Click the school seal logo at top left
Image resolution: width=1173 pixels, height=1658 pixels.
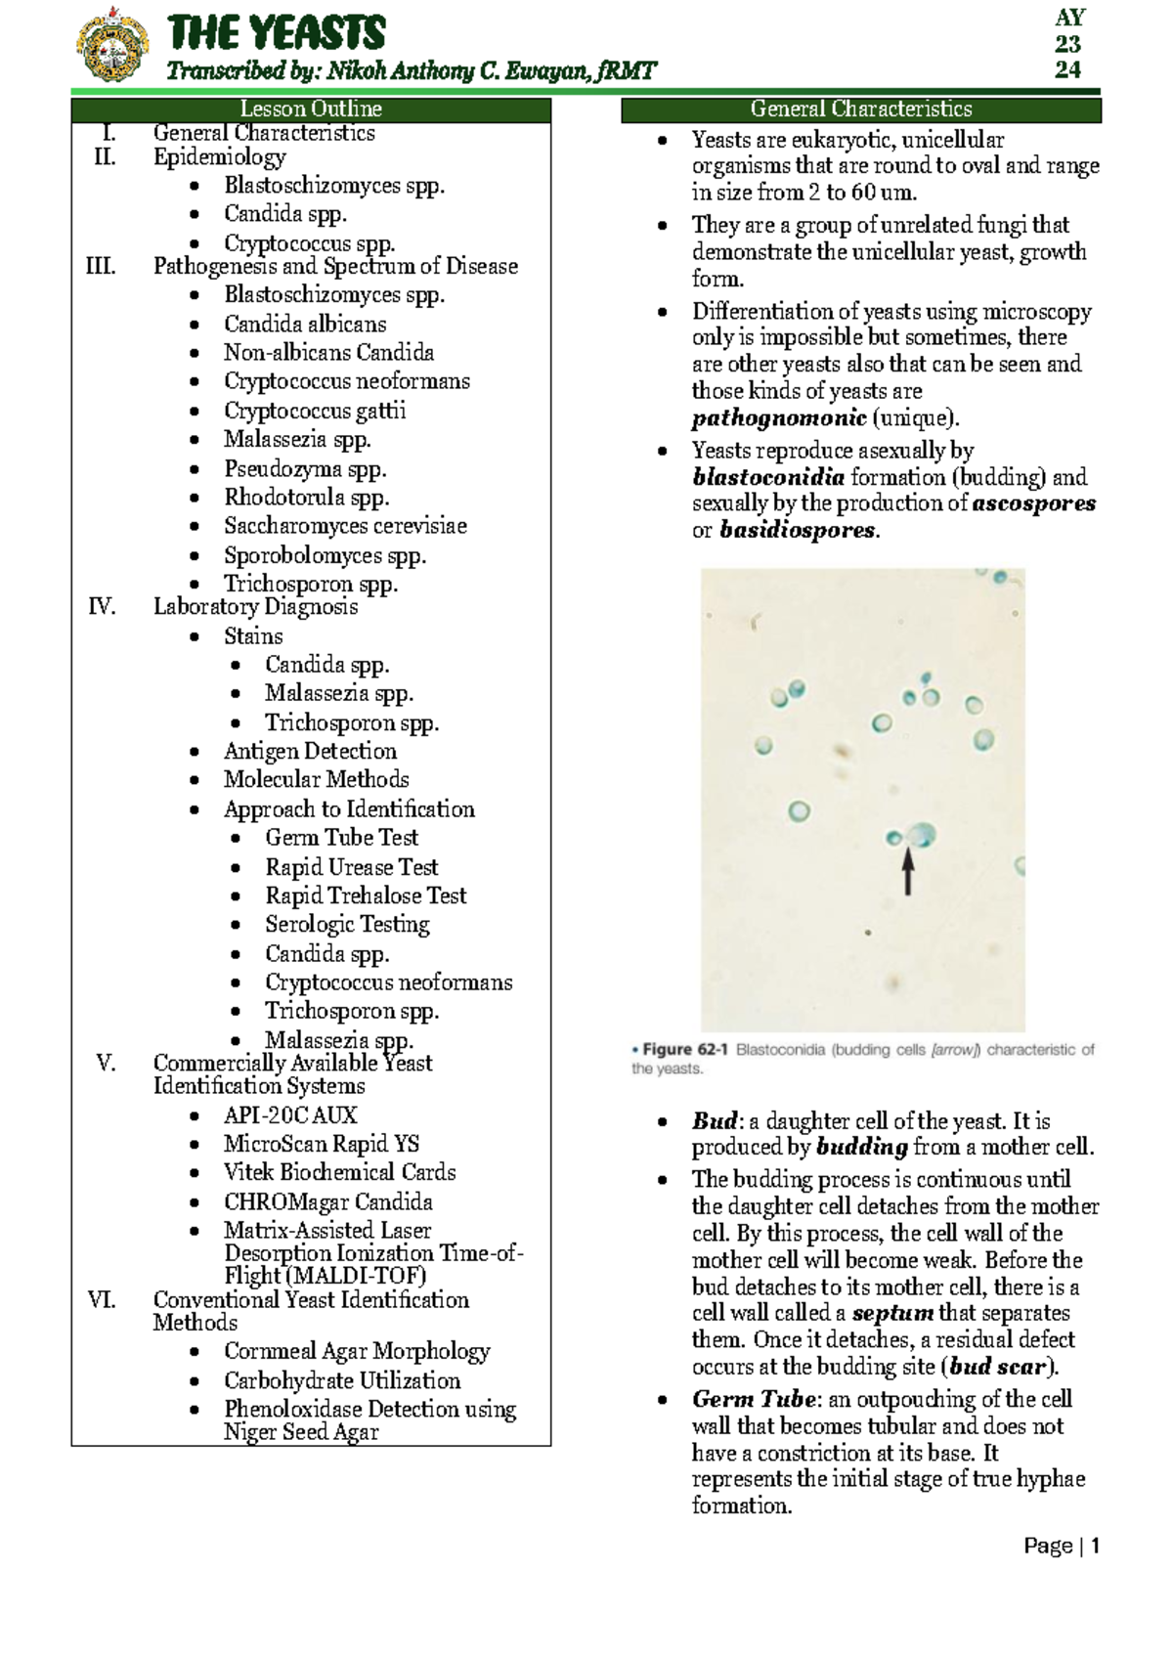click(112, 45)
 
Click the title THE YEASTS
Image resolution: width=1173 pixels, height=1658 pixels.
click(277, 33)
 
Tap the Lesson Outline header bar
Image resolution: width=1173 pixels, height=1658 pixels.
click(311, 109)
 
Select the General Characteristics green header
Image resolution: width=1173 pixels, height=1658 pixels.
click(861, 109)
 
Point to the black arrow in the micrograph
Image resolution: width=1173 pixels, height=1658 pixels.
click(908, 871)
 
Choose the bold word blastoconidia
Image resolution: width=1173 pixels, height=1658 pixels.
click(768, 477)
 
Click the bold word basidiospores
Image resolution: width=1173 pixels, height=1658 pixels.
click(798, 530)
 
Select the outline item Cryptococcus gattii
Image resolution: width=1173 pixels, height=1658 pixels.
click(315, 411)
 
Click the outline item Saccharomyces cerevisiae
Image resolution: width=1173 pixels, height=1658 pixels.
click(345, 526)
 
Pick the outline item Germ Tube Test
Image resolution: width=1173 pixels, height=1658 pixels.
click(341, 838)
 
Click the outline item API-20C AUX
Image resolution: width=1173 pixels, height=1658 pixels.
click(290, 1115)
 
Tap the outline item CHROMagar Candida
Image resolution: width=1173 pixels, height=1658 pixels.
click(327, 1201)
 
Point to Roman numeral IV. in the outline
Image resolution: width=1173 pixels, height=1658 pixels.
click(102, 607)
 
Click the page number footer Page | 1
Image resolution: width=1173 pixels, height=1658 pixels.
click(1062, 1547)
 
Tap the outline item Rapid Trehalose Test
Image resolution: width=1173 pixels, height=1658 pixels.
click(366, 895)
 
